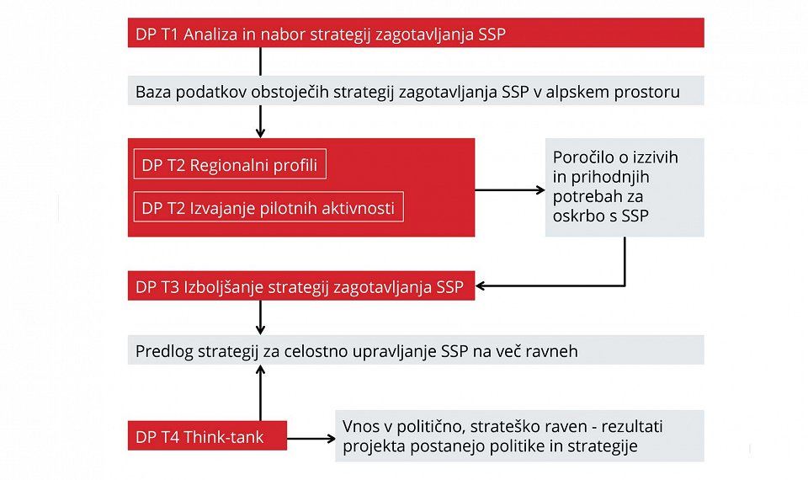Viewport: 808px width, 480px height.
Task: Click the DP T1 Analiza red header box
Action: click(416, 33)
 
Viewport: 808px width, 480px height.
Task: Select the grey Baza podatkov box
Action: click(416, 91)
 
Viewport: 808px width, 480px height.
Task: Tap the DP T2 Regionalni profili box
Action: click(230, 164)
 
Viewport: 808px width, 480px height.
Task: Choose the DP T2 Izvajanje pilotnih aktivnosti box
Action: click(268, 207)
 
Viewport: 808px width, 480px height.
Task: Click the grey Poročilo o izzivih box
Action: click(625, 187)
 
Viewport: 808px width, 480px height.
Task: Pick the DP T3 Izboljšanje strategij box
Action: click(301, 285)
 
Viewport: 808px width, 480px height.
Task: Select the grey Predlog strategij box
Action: click(416, 350)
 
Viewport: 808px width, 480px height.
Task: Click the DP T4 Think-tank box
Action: click(207, 435)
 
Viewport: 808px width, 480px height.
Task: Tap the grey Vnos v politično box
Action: click(520, 435)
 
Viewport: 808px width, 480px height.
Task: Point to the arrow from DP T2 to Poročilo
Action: click(510, 190)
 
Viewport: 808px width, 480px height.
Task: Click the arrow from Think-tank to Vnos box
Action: click(311, 439)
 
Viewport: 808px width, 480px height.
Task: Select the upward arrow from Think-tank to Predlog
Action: click(260, 393)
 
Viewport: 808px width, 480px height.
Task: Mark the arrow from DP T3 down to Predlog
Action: click(260, 317)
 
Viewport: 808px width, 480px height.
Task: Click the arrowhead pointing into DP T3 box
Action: click(480, 285)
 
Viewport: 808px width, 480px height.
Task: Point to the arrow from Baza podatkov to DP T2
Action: click(260, 121)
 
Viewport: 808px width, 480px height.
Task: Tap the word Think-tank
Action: click(224, 437)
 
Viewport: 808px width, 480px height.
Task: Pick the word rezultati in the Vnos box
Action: click(632, 426)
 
